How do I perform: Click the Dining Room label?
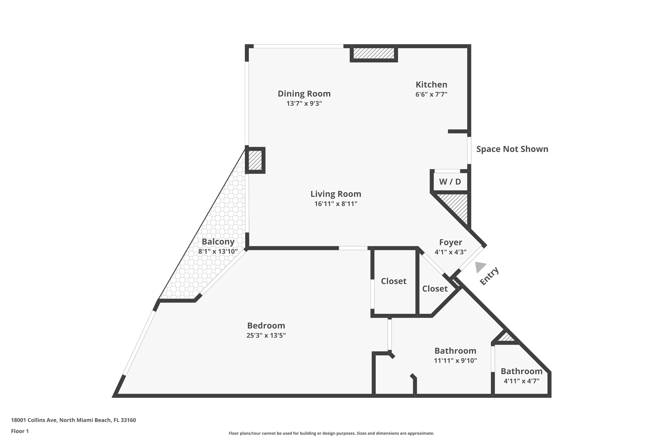304,93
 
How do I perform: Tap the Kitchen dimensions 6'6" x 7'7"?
431,94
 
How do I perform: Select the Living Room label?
336,194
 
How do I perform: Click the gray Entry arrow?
480,267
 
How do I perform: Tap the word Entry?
489,276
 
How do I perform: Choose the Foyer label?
450,242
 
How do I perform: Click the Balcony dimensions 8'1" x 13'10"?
218,251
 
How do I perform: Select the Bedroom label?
266,326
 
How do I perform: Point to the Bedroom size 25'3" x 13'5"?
266,335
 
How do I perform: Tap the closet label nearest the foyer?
435,289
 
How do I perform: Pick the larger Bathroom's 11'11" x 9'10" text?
455,360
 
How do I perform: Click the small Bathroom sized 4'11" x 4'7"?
522,371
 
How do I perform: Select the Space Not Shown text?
512,149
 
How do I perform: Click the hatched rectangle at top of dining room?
374,53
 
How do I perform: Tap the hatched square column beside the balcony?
255,160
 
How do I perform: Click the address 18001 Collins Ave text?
73,420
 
